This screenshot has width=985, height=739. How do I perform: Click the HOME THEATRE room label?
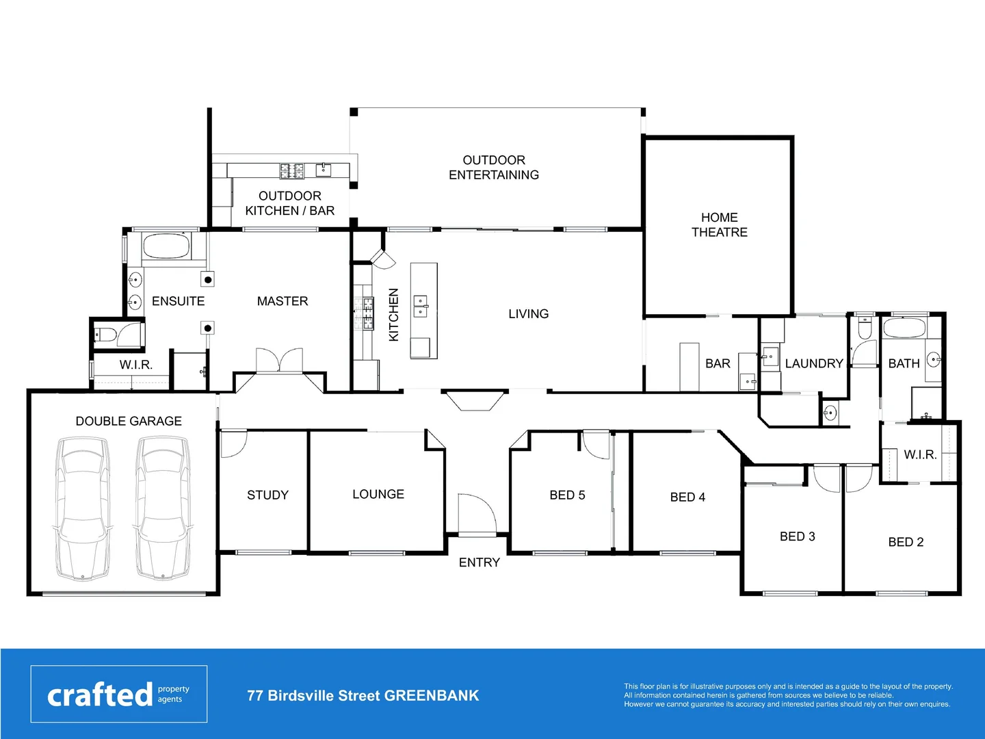pyautogui.click(x=719, y=225)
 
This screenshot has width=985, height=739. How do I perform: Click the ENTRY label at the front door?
pyautogui.click(x=479, y=562)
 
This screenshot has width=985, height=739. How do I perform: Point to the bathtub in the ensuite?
pyautogui.click(x=166, y=247)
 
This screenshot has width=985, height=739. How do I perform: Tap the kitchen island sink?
pyautogui.click(x=421, y=305)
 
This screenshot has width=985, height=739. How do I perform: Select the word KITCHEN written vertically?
pyautogui.click(x=393, y=315)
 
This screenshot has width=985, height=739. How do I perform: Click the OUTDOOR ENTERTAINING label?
pyautogui.click(x=494, y=168)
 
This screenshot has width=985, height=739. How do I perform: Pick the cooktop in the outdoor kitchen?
pyautogui.click(x=291, y=170)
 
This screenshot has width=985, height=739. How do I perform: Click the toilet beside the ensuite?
pyautogui.click(x=105, y=335)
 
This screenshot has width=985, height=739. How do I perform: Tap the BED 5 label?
pyautogui.click(x=567, y=495)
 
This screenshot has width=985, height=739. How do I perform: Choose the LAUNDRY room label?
pyautogui.click(x=814, y=363)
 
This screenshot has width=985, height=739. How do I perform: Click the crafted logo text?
pyautogui.click(x=100, y=695)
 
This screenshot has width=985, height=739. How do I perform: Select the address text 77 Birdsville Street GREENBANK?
pyautogui.click(x=363, y=696)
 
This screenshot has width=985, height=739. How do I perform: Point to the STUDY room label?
pyautogui.click(x=267, y=495)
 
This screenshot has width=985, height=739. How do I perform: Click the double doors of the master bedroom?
pyautogui.click(x=279, y=361)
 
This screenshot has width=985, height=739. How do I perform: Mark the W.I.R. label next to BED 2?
pyautogui.click(x=920, y=454)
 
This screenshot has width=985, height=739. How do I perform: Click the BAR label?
pyautogui.click(x=718, y=363)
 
